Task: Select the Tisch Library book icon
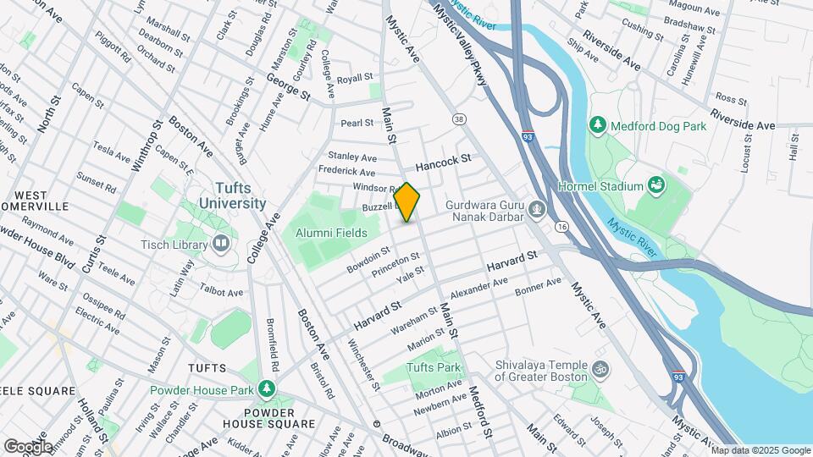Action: coord(221,245)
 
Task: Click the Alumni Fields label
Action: coord(331,233)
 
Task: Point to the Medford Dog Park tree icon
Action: coord(599,125)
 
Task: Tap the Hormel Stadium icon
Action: coord(655,184)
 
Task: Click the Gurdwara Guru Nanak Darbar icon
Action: coord(536,207)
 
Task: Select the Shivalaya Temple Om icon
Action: coord(602,369)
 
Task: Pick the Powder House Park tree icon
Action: coord(268,388)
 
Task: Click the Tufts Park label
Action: coord(433,367)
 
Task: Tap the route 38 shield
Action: coord(459,118)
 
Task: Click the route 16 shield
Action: coord(561,226)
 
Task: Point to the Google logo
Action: coord(28,446)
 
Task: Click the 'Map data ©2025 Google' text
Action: coord(760,450)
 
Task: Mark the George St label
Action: coord(288,86)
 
